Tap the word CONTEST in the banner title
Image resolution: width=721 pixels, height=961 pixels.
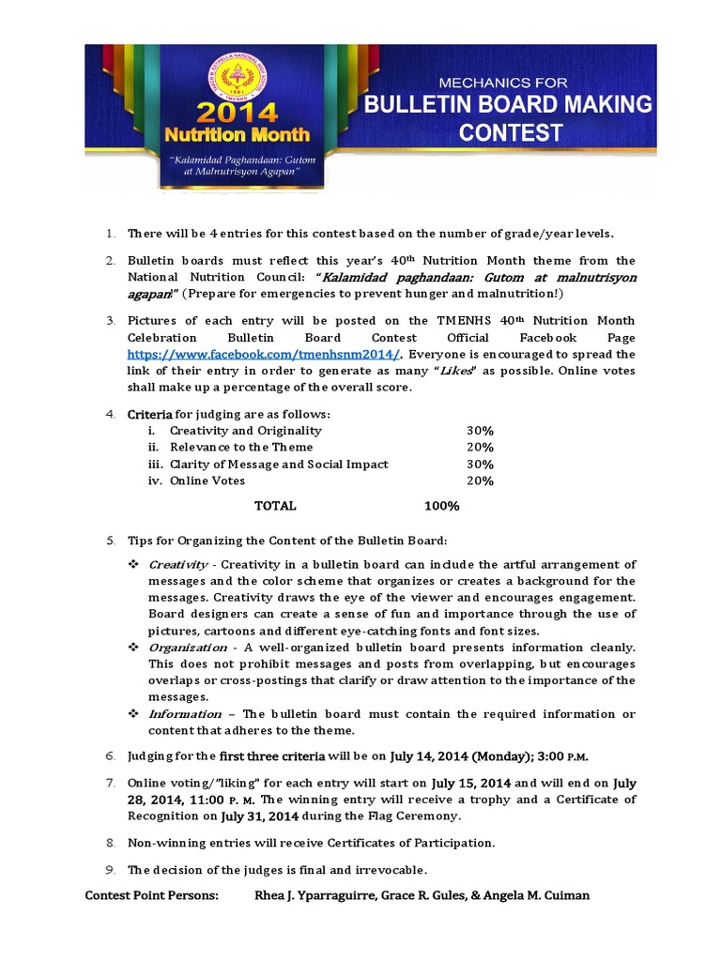[x=511, y=132]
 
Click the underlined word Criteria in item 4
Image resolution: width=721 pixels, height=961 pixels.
[x=149, y=414]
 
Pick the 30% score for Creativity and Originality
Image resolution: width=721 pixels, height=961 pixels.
[x=480, y=430]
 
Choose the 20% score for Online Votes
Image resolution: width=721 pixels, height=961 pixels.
[x=480, y=480]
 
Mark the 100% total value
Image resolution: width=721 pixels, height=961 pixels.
[x=441, y=506]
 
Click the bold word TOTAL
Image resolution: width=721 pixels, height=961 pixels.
[x=275, y=506]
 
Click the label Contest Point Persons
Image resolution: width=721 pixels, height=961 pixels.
[x=151, y=895]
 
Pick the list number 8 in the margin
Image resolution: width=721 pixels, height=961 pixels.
[x=109, y=842]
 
